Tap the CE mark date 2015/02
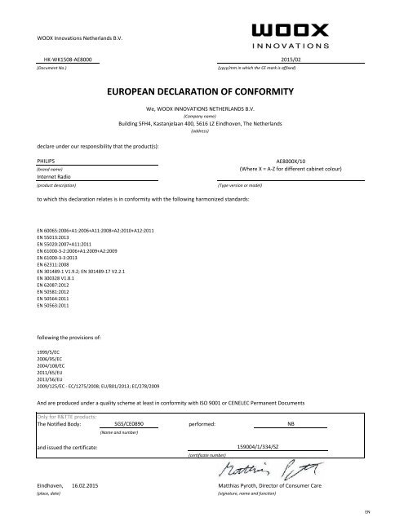coord(291,60)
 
